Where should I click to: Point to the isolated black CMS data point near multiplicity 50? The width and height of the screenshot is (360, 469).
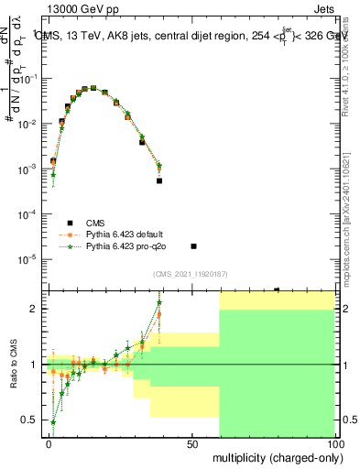[193, 245]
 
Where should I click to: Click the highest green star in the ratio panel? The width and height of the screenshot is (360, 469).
[159, 302]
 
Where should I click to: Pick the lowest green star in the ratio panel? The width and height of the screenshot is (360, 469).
[53, 422]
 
